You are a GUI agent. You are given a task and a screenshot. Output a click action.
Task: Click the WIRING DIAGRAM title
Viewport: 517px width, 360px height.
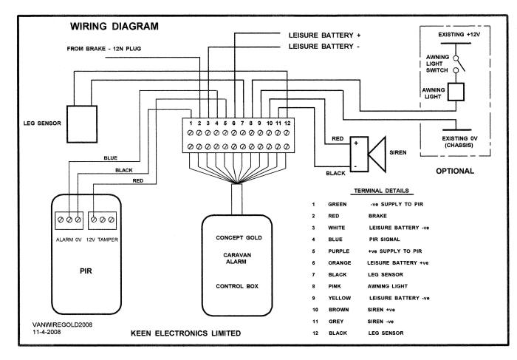[114, 27]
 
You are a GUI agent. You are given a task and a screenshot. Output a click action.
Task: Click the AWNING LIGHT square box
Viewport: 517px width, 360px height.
[456, 91]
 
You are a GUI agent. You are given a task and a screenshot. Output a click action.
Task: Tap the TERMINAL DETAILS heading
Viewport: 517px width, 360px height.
[376, 190]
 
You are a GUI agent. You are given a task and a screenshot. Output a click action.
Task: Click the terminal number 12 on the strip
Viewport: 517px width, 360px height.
[286, 122]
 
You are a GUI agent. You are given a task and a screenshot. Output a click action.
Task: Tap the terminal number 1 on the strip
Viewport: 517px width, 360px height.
[191, 122]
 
